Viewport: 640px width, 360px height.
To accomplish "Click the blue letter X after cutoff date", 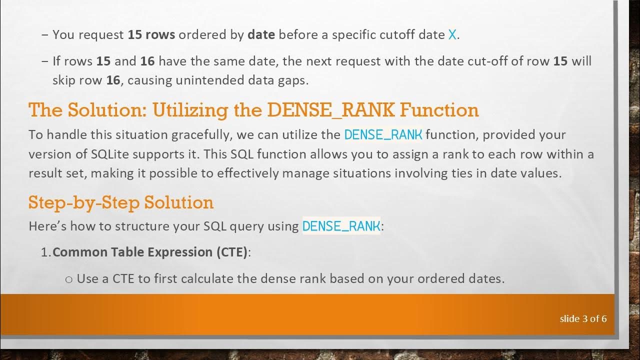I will [452, 35].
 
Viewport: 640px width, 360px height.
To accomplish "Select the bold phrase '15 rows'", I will [151, 35].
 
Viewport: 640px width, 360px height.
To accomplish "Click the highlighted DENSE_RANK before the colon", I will [341, 226].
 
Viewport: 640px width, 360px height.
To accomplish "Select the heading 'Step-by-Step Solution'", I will [121, 202].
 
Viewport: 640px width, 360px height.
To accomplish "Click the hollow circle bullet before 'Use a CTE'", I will [69, 279].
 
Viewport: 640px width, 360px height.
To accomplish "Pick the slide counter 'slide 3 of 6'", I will [583, 318].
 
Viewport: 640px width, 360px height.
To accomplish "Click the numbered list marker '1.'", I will [45, 252].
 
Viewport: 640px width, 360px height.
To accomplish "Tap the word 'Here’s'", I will [48, 226].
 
